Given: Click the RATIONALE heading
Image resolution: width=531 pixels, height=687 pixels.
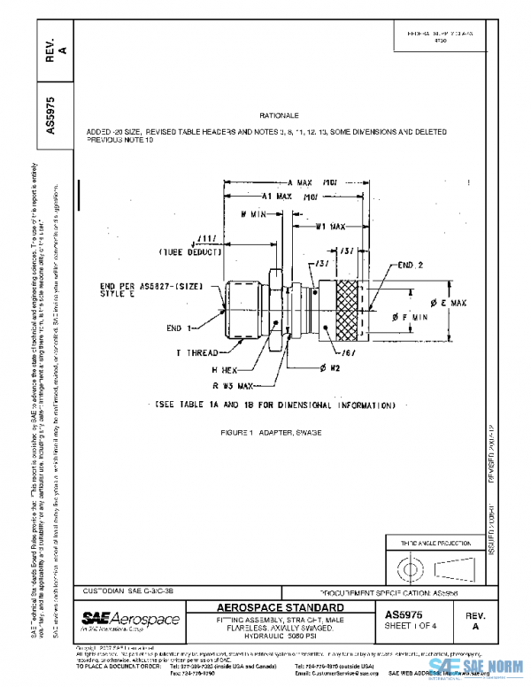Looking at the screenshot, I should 279,116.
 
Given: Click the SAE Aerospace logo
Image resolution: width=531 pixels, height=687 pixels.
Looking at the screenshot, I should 130,620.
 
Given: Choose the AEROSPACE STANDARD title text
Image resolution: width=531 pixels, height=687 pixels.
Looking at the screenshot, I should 281,608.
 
